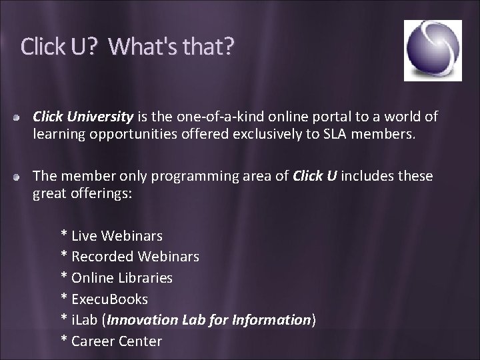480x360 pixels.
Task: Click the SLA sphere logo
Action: point(433,50)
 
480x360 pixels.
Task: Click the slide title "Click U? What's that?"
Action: point(127,47)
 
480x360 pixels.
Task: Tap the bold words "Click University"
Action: point(83,117)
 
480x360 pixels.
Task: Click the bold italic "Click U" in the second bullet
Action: point(315,176)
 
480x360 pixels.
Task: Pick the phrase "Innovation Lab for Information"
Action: point(209,320)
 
